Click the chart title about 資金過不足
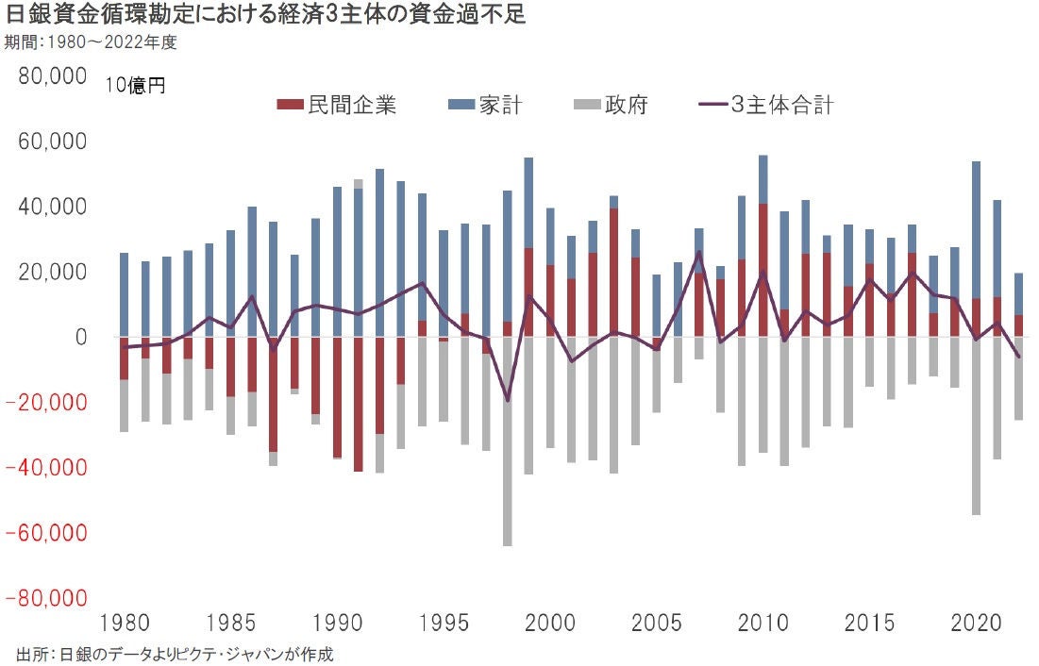[x=265, y=15]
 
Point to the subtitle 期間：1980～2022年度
[x=90, y=42]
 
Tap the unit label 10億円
[x=135, y=86]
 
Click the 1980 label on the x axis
[x=124, y=624]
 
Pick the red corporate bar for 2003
[x=614, y=273]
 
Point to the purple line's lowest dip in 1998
[x=508, y=400]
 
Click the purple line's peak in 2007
[x=699, y=252]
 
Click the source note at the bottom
[x=175, y=653]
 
